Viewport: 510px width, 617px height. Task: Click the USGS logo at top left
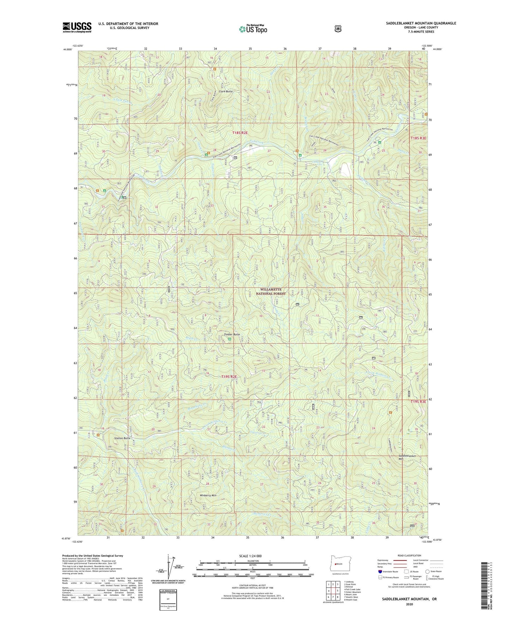(77, 27)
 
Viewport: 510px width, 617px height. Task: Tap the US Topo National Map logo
(252, 29)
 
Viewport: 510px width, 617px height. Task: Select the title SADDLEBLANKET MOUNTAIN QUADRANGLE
(421, 23)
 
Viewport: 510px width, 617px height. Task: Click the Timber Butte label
(232, 334)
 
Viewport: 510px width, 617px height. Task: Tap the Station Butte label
(122, 438)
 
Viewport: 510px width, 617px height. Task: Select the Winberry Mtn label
(208, 495)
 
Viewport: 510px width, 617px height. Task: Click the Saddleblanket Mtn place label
(407, 458)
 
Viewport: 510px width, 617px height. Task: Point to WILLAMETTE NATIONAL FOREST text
(271, 292)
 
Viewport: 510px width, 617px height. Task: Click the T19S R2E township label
(229, 377)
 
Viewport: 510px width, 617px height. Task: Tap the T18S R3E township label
(418, 138)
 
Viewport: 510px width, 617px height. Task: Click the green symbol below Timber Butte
(229, 339)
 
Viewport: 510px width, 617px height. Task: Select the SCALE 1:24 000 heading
(250, 556)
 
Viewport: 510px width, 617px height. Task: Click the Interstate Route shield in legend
(380, 571)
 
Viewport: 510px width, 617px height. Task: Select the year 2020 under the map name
(409, 604)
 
